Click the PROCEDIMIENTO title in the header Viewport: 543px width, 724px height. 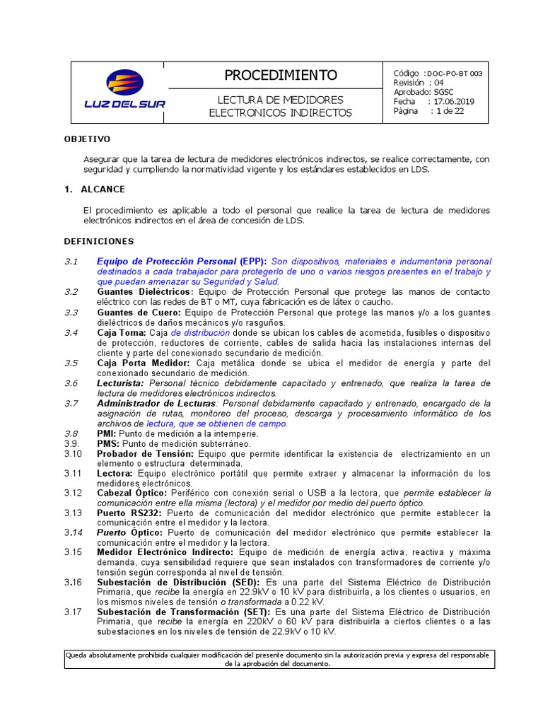pos(280,75)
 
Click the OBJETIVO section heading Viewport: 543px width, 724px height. pos(88,139)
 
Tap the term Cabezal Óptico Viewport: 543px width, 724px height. pos(132,493)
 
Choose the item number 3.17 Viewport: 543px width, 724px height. pos(73,612)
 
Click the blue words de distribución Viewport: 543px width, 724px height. pos(200,332)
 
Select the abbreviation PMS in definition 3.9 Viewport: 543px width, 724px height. pos(105,443)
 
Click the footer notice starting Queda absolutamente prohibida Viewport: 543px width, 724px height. pos(280,659)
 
